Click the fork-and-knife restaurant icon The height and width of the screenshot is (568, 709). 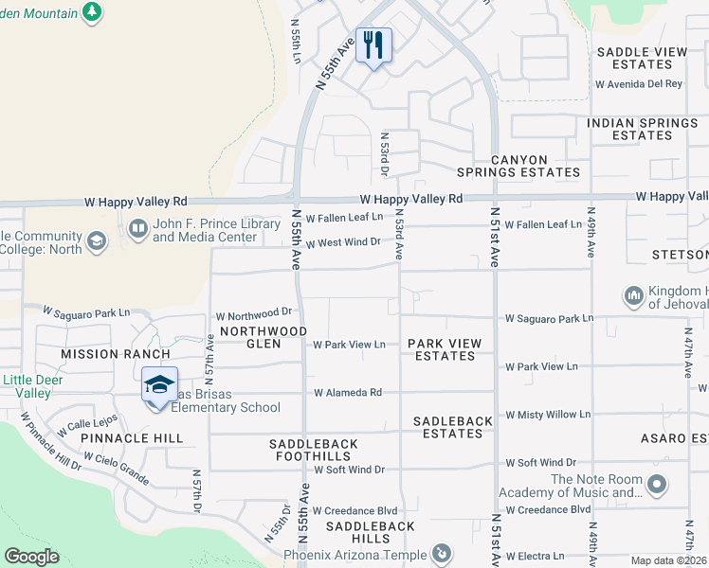click(373, 44)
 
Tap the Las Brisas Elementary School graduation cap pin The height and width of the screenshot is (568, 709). click(159, 385)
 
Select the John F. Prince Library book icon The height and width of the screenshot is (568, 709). click(138, 229)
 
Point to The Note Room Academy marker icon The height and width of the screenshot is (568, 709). click(657, 486)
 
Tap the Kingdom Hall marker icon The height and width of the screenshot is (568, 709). click(634, 296)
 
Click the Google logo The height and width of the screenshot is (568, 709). click(31, 557)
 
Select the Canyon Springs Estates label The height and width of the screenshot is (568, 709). click(518, 166)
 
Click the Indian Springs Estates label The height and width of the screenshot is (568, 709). click(642, 130)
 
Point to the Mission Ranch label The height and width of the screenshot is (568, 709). click(101, 354)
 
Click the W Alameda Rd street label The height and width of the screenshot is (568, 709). click(348, 392)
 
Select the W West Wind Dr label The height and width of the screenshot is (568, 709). click(342, 242)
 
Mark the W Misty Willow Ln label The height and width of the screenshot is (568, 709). click(547, 415)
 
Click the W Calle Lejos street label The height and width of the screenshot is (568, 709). click(86, 423)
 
